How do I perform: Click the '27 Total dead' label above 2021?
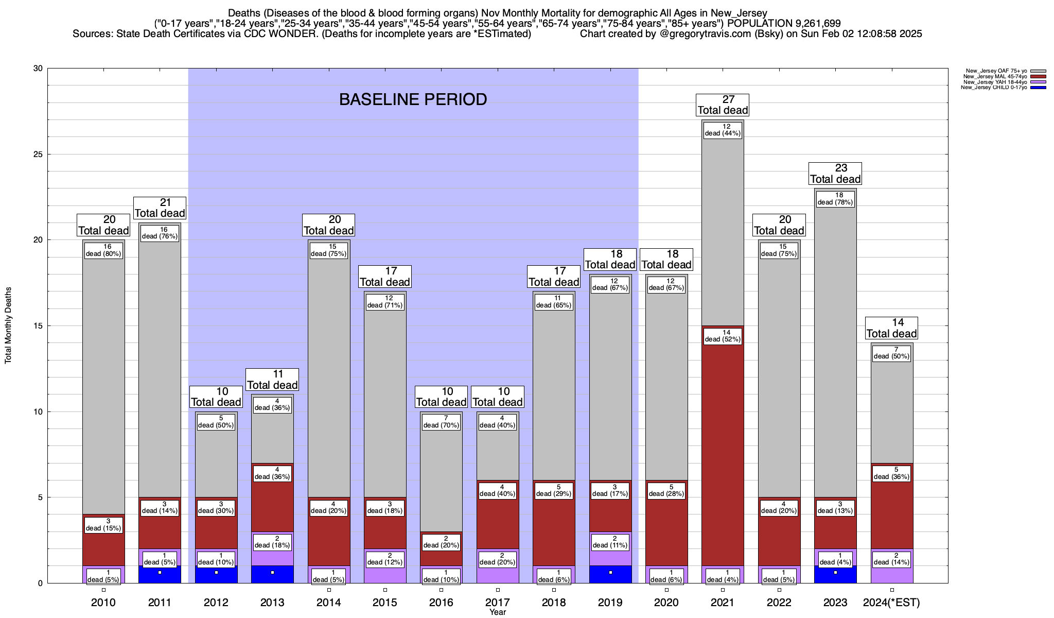click(x=723, y=105)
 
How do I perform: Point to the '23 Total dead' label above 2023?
click(x=835, y=174)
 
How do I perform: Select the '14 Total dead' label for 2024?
click(x=892, y=328)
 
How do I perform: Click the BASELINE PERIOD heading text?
click(x=413, y=99)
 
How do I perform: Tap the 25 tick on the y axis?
click(x=38, y=154)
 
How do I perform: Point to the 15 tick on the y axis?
click(x=38, y=326)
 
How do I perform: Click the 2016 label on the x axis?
click(x=441, y=603)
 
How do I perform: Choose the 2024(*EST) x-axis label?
click(x=891, y=603)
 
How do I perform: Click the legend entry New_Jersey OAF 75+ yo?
click(x=996, y=71)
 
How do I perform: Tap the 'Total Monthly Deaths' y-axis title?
click(x=8, y=325)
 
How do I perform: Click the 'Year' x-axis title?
click(x=498, y=612)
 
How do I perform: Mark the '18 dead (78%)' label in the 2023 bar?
click(x=835, y=199)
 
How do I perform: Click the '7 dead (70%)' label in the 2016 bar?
click(x=441, y=422)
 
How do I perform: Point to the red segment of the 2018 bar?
click(x=554, y=530)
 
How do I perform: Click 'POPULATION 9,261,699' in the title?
click(x=784, y=24)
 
